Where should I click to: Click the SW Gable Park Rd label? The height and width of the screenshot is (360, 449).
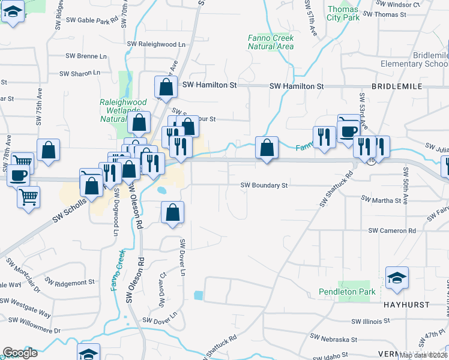(x=90, y=21)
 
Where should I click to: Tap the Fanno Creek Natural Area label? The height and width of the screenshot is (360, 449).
(x=271, y=42)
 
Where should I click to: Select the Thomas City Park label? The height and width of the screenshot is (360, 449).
(x=343, y=13)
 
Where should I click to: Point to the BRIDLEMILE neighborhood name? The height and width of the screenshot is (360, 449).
(x=397, y=86)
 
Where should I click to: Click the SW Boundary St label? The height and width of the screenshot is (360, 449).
(x=265, y=185)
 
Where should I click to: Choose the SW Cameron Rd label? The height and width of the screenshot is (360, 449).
(x=392, y=230)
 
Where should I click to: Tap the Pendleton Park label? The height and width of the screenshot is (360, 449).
(x=348, y=292)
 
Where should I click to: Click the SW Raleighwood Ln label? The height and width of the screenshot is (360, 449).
(x=157, y=44)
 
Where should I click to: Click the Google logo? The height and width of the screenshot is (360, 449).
(x=20, y=353)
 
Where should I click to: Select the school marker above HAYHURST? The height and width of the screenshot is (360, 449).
(x=397, y=278)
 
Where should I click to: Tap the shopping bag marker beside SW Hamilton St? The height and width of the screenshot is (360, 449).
(x=166, y=87)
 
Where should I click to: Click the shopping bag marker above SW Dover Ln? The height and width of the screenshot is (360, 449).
(x=173, y=212)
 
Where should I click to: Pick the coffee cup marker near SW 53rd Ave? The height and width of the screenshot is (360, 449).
(x=348, y=130)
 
